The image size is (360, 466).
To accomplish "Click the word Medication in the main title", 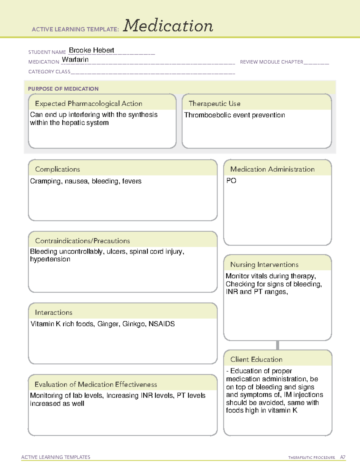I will point(168,26).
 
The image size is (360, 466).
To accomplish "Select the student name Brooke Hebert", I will point(91,50).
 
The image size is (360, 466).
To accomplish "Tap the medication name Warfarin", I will point(75,59).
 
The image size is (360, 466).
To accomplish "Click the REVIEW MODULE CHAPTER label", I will point(271,62).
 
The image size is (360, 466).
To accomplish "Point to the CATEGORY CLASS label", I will point(49,72).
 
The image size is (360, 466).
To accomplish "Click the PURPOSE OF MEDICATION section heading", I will point(63,89).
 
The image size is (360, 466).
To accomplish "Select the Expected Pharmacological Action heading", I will point(88,104).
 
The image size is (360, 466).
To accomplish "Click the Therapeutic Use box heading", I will point(214,104).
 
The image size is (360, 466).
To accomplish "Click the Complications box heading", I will point(57,169).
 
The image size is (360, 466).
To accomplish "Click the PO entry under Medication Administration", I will point(231,181).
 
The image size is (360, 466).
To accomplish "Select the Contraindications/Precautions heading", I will point(82,241).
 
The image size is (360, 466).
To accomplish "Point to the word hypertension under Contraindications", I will point(50,259).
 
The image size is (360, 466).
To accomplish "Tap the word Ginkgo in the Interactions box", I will point(133,324).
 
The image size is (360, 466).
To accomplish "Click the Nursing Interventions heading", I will point(264,264).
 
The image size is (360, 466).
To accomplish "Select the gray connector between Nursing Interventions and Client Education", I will point(277,345).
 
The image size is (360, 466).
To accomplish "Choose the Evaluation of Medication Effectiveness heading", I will point(96,384).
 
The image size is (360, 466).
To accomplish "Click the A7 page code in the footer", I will point(342,457).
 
